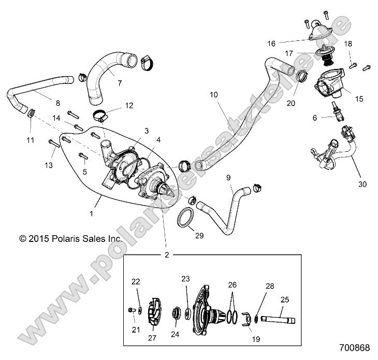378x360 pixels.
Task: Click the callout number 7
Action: [x=119, y=83]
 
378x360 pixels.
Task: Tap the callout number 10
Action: [x=214, y=95]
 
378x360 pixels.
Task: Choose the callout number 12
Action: [x=129, y=106]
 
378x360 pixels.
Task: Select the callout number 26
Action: [x=232, y=284]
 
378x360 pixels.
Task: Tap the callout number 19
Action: [x=255, y=339]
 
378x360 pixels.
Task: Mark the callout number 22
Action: [x=136, y=282]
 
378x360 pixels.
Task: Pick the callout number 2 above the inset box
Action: [x=167, y=255]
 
